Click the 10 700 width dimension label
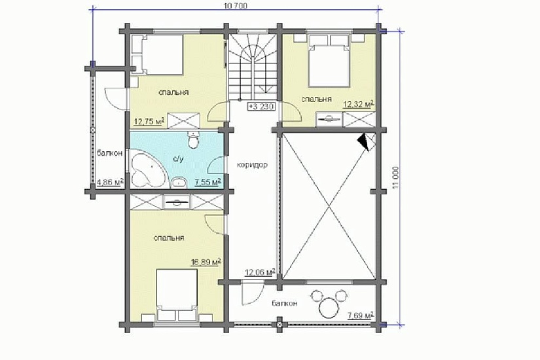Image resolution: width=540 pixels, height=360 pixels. (x=236, y=5)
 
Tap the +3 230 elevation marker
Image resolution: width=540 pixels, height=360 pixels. (x=261, y=107)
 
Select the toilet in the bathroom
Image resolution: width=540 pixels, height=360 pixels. (x=194, y=141)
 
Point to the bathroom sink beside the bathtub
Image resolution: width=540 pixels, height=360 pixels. (x=178, y=182)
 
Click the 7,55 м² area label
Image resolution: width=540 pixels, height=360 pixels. (x=207, y=183)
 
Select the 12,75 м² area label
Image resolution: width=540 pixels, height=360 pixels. (x=149, y=121)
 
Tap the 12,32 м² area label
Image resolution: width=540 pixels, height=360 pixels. (x=359, y=105)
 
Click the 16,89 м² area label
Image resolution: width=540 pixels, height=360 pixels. (x=206, y=263)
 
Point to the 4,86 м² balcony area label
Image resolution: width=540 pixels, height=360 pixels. (x=111, y=182)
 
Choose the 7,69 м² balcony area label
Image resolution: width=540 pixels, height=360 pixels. (x=361, y=315)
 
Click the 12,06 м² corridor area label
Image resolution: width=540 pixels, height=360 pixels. (x=260, y=272)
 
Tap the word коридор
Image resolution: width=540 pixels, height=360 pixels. (x=252, y=165)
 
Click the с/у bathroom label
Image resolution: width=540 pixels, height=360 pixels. (x=178, y=159)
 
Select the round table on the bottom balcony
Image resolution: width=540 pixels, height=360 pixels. (x=329, y=306)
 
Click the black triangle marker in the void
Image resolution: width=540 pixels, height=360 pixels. (x=364, y=142)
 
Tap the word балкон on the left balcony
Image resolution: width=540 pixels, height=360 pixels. (x=109, y=153)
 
